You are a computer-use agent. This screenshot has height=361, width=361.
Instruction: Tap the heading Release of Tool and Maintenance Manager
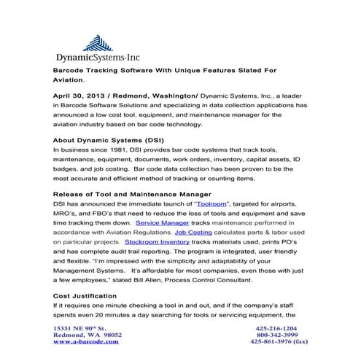pyautogui.click(x=132, y=193)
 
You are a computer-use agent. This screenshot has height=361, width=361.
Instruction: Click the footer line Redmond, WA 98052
pyautogui.click(x=83, y=335)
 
